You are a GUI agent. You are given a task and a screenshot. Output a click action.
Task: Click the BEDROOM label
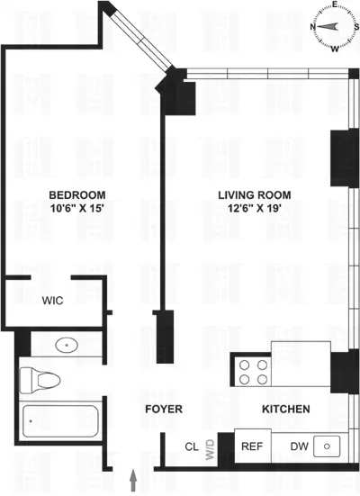(76, 195)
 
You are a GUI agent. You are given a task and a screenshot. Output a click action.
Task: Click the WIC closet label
(52, 302)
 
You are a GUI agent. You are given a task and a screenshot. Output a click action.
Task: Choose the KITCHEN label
(286, 410)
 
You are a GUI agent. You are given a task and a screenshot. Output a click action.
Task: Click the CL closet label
(191, 446)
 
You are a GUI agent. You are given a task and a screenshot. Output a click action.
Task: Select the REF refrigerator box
(251, 446)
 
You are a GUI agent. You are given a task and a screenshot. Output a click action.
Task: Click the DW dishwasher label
(298, 446)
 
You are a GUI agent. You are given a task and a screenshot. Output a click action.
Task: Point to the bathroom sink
(65, 344)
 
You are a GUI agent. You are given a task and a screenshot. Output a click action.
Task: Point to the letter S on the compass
(355, 28)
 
